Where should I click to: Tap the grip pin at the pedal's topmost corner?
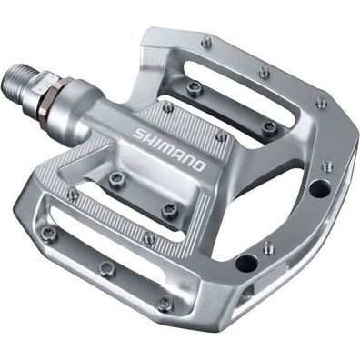[x=206, y=41]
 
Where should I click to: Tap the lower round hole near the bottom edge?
[x=244, y=265]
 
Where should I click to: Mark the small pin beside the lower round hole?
[x=266, y=245]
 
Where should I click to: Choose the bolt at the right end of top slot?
[x=269, y=126]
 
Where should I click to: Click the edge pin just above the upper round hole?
[x=325, y=167]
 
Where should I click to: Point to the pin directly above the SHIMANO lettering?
[x=168, y=106]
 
